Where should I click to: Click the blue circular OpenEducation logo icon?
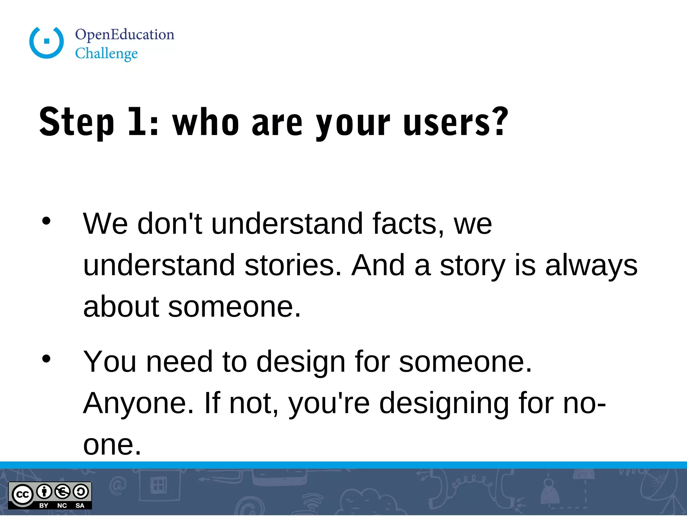pos(47,42)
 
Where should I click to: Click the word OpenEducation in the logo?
pos(124,35)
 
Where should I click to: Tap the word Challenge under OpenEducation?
pos(106,54)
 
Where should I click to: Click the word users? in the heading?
pos(456,122)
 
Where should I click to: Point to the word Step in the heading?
pos(77,122)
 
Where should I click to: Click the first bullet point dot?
pos(46,221)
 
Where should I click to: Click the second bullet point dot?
pos(46,358)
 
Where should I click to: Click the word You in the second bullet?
pos(110,362)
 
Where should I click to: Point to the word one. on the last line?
pos(112,445)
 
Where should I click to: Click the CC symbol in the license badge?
pos(22,494)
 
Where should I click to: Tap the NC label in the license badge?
pos(62,506)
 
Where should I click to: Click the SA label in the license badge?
pos(80,506)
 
